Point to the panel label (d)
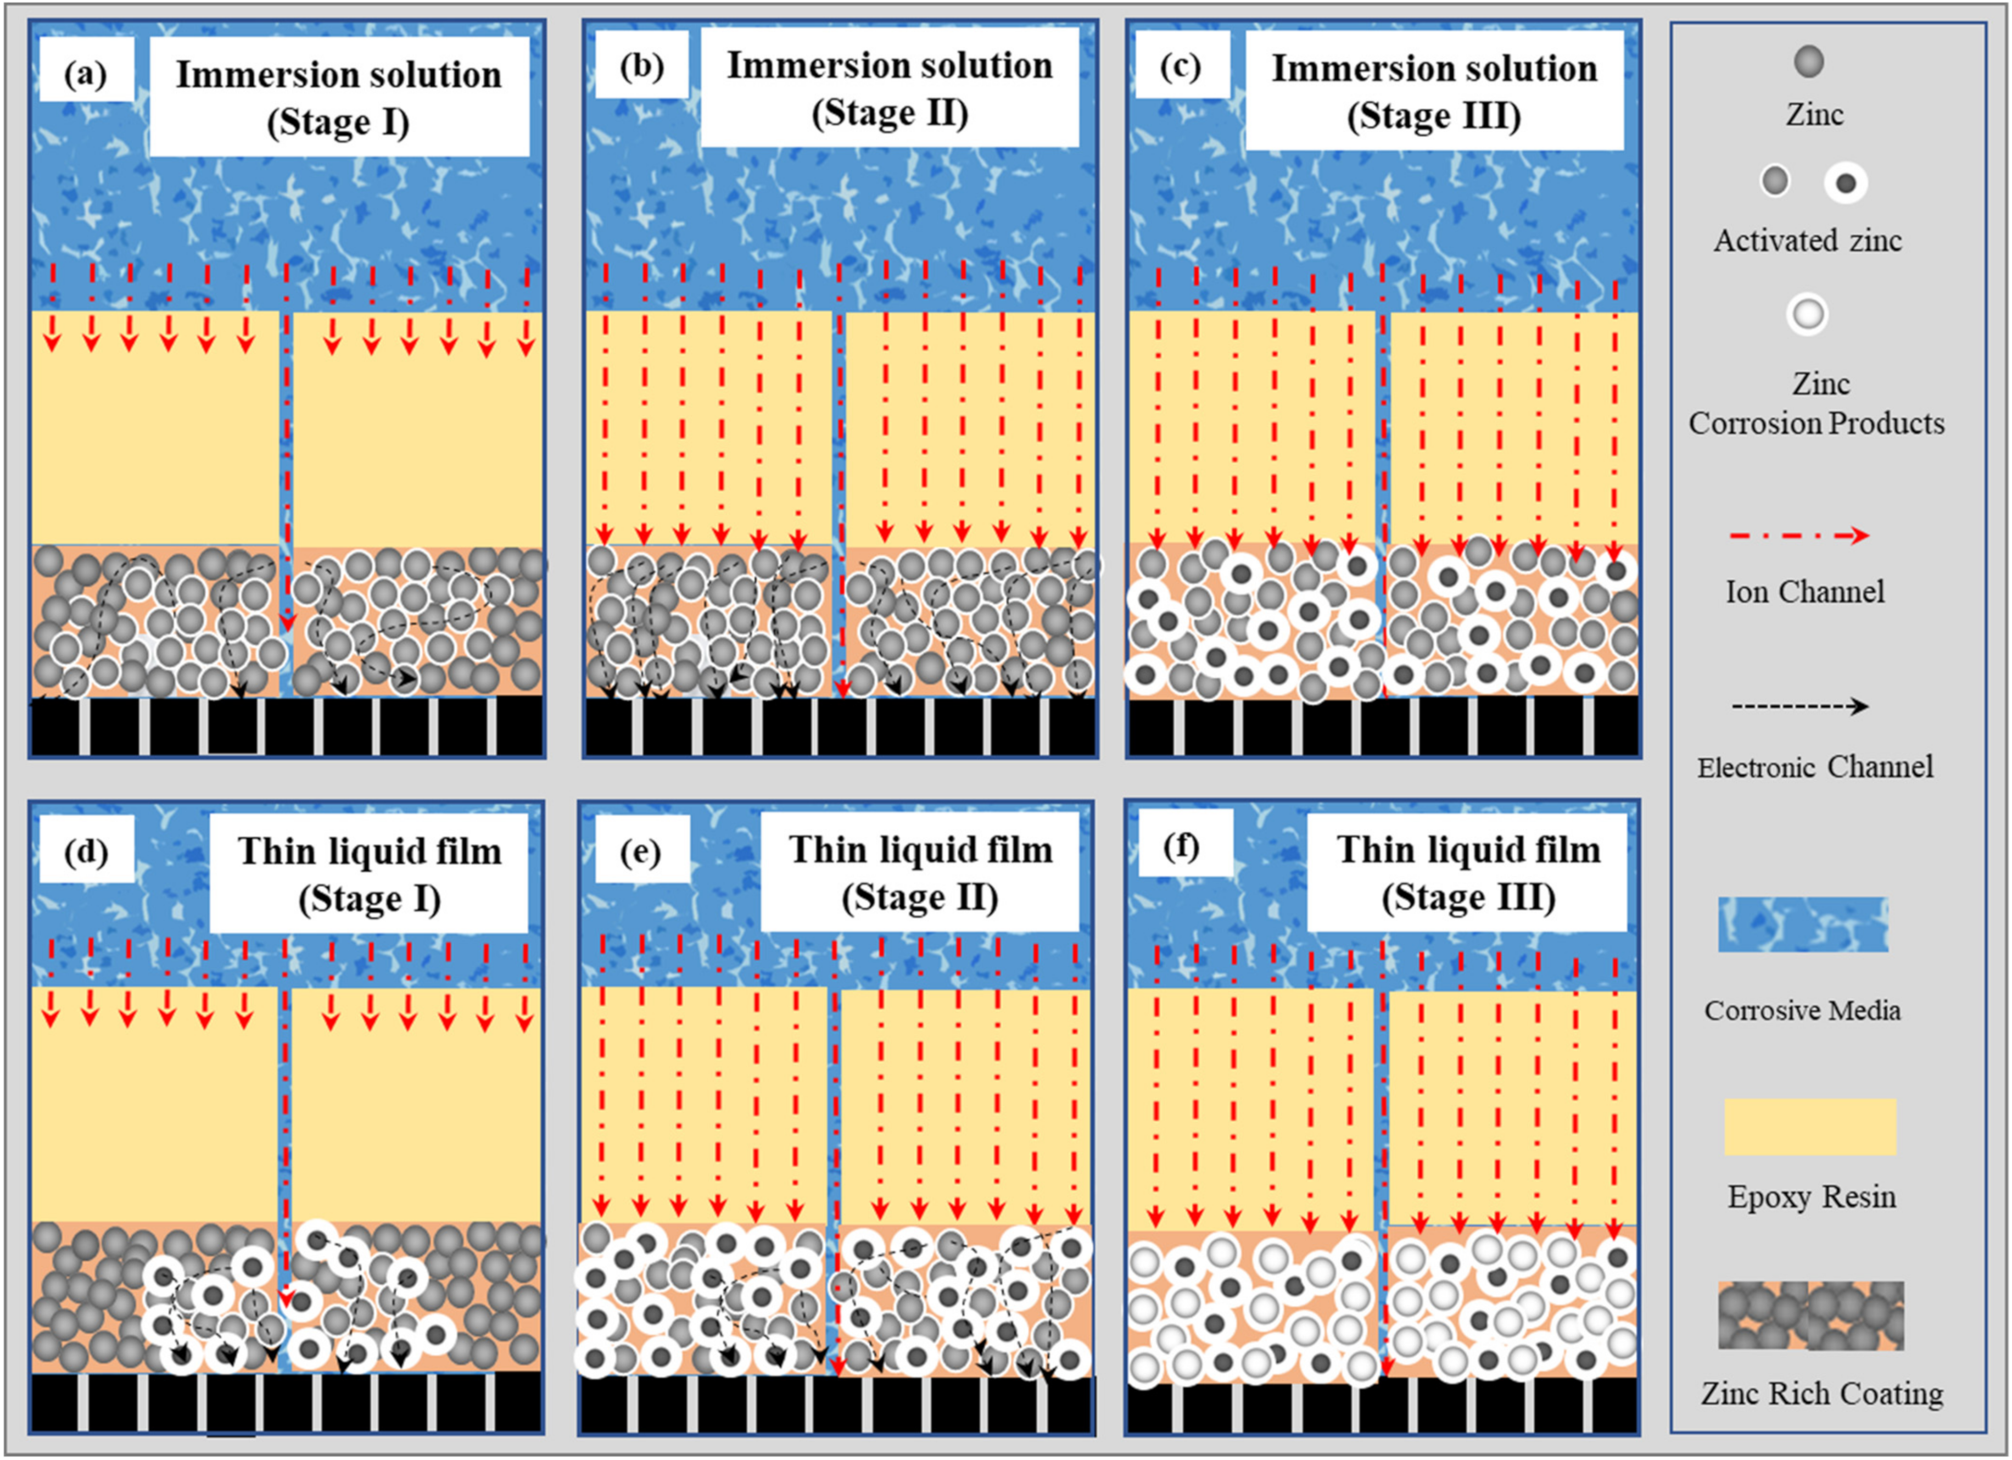(x=86, y=852)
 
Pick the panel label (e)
(x=640, y=852)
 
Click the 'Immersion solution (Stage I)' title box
(x=339, y=97)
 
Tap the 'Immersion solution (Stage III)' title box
(x=1434, y=91)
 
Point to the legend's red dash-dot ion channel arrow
(x=1799, y=535)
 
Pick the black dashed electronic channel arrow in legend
(x=1799, y=706)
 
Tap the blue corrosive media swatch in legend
(x=1803, y=924)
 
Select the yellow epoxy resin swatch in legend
(x=1810, y=1126)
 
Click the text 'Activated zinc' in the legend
(x=1808, y=241)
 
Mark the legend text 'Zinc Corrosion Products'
(x=1816, y=404)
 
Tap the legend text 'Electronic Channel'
(x=1814, y=767)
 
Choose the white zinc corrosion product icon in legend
(x=1807, y=314)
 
